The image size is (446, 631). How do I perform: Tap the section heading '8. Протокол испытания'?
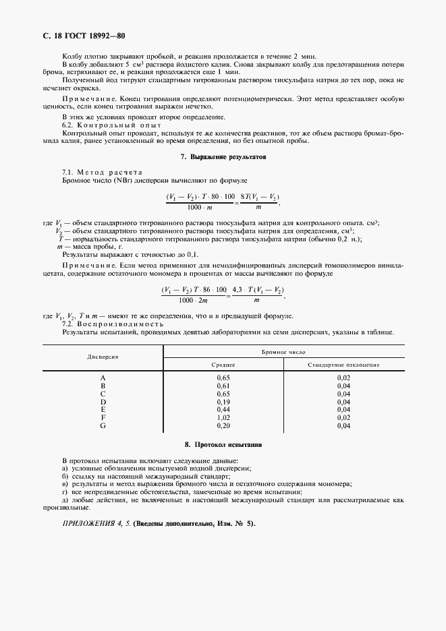(223, 446)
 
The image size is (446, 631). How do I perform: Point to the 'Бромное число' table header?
(283, 352)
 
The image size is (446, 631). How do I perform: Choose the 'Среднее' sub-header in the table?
(223, 365)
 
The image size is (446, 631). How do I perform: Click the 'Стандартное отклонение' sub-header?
(343, 365)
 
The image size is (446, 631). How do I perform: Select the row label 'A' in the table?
(103, 378)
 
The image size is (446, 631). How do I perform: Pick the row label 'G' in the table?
(103, 426)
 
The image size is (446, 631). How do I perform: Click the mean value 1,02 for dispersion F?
(223, 418)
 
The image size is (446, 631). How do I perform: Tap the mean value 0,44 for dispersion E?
(223, 410)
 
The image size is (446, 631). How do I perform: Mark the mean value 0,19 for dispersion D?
(223, 402)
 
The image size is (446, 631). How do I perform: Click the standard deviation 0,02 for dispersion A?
(343, 378)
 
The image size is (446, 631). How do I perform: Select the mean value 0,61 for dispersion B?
(223, 386)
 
